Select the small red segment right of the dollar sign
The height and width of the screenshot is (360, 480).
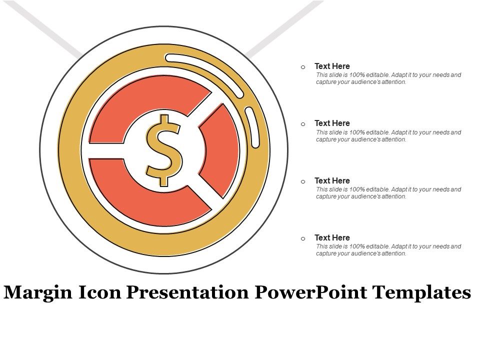point(220,150)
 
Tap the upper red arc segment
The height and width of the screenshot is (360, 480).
point(145,107)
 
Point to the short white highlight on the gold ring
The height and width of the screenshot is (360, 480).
point(251,127)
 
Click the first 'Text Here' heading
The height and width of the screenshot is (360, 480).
point(332,66)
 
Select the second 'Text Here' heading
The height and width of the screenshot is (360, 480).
point(332,123)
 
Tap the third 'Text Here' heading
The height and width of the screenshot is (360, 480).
point(332,180)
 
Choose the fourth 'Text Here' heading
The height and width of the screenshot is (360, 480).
point(332,237)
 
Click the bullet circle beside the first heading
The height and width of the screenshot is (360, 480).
point(303,67)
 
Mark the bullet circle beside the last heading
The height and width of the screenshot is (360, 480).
point(303,238)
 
